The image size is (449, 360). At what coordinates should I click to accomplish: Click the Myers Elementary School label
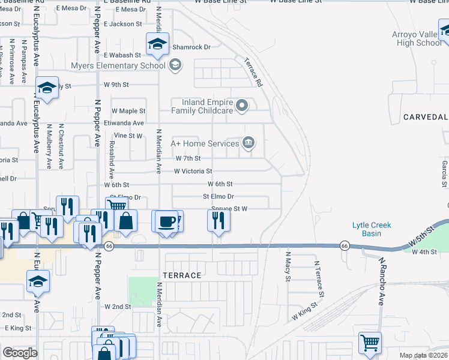(118, 65)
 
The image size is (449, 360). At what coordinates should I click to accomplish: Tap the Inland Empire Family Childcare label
(202, 106)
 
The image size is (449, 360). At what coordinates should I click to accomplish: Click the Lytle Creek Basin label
(372, 229)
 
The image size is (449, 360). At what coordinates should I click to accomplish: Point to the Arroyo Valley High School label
(416, 38)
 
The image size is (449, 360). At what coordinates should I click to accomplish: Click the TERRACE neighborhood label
(184, 275)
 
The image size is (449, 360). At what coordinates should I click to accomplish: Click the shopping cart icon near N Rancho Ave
(370, 344)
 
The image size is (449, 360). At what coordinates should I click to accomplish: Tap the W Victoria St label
(193, 172)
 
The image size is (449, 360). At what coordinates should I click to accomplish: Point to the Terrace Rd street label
(254, 73)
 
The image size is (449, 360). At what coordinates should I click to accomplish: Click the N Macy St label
(288, 270)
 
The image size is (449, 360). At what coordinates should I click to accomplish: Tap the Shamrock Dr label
(191, 47)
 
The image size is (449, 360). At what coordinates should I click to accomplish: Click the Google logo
(20, 353)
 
